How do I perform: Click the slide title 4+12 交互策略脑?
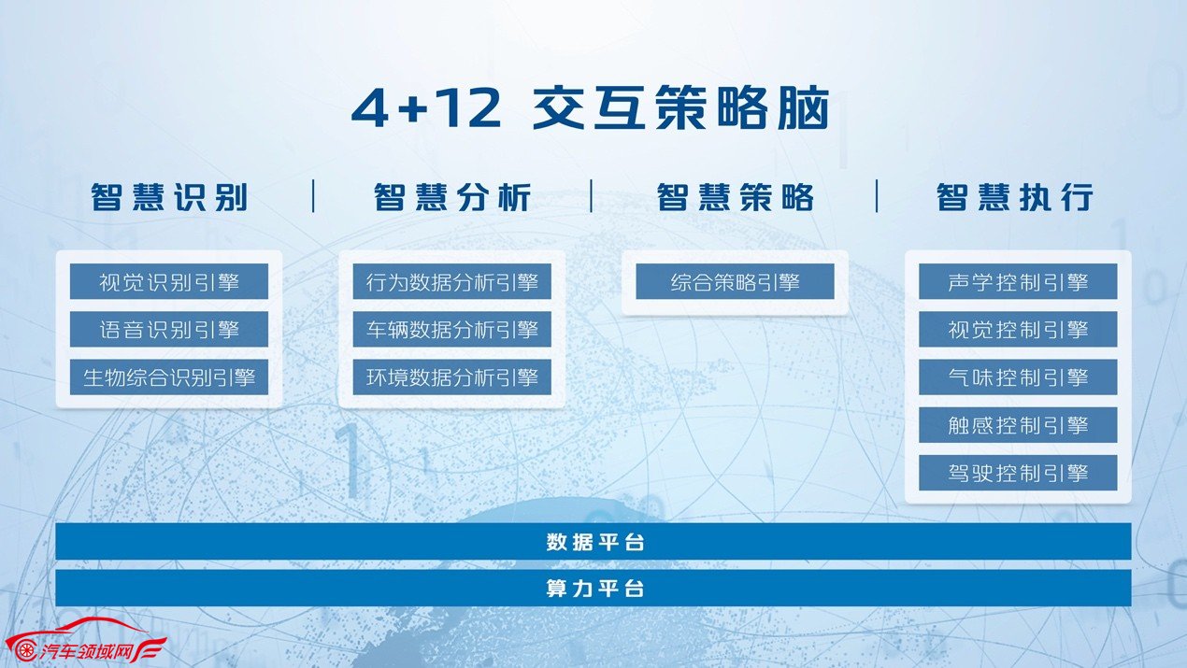(x=591, y=108)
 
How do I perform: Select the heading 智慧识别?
(x=169, y=197)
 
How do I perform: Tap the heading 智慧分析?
(x=452, y=197)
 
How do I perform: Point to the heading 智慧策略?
(x=735, y=197)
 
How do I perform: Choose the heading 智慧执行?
(x=1015, y=197)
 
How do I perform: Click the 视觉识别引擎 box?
(x=169, y=281)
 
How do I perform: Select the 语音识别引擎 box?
(x=169, y=329)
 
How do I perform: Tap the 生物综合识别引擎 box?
(x=169, y=377)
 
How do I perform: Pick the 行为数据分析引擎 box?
(x=452, y=281)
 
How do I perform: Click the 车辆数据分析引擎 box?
(x=452, y=329)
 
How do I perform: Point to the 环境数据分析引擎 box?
(x=452, y=377)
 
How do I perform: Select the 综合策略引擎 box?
(x=735, y=281)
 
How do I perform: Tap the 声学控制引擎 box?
(x=1018, y=281)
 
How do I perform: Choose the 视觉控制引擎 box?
(x=1018, y=329)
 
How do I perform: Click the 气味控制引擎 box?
(x=1018, y=377)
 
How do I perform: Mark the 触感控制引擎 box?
(x=1018, y=425)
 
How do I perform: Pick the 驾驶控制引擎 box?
(x=1018, y=473)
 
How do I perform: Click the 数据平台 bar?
(x=593, y=541)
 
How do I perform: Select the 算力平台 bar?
(x=593, y=588)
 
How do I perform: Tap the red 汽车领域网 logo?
(x=86, y=641)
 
